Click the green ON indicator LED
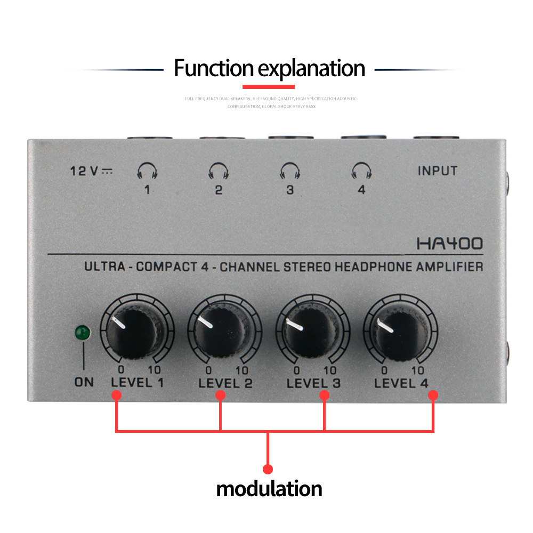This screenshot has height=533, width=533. click(x=83, y=334)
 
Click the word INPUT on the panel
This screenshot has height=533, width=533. click(x=437, y=171)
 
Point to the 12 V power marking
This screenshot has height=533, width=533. click(x=91, y=171)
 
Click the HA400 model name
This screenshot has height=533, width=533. click(x=449, y=244)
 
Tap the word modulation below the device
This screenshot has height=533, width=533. click(x=269, y=489)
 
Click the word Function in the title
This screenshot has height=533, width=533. click(x=213, y=69)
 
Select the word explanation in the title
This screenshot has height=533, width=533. click(x=312, y=69)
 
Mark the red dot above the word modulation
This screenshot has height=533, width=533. click(x=268, y=469)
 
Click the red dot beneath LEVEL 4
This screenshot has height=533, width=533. click(x=433, y=395)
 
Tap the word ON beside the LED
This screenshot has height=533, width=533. click(x=84, y=382)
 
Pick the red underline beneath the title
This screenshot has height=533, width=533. click(x=269, y=86)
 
